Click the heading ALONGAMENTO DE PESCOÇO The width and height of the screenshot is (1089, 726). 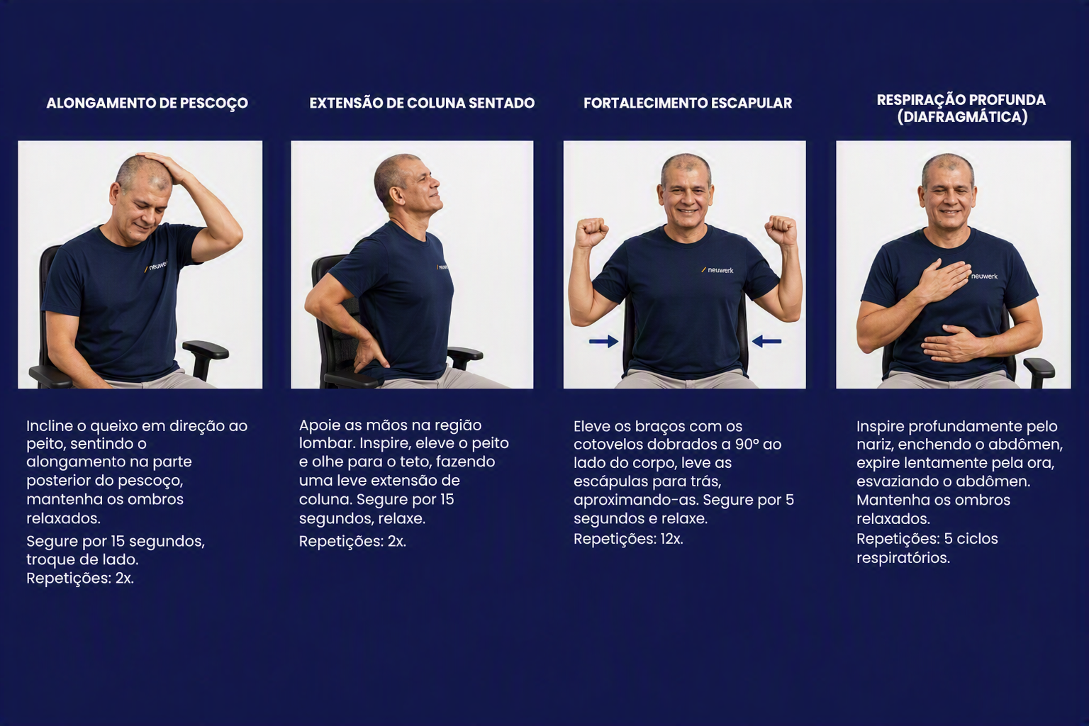[x=147, y=104]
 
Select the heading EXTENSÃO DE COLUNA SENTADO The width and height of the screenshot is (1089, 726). [x=422, y=103]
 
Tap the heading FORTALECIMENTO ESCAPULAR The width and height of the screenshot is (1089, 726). [x=688, y=103]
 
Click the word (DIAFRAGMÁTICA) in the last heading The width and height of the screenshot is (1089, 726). [x=963, y=117]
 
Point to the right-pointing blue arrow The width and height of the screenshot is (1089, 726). [x=604, y=341]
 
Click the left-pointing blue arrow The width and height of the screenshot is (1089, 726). [x=766, y=341]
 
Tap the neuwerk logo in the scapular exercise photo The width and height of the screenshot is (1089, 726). [x=717, y=270]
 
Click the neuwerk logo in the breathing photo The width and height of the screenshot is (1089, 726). [x=984, y=277]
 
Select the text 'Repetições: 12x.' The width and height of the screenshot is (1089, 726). [x=629, y=539]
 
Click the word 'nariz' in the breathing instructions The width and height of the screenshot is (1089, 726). [x=873, y=445]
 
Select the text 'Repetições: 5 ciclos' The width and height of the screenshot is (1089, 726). [x=927, y=539]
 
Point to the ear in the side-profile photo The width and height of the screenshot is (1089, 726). [x=397, y=196]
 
